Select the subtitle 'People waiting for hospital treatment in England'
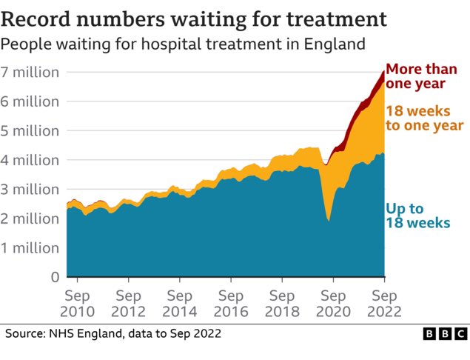[x=183, y=44]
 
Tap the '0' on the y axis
[x=54, y=277]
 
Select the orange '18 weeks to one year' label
[x=424, y=119]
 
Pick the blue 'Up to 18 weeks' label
[x=417, y=215]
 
